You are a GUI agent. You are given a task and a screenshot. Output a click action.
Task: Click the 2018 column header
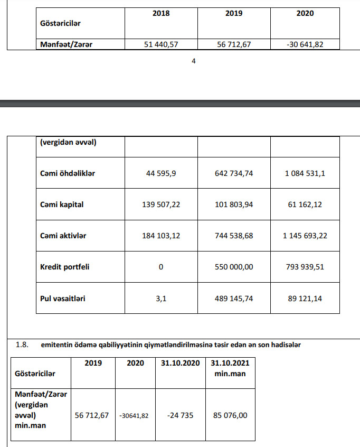161,13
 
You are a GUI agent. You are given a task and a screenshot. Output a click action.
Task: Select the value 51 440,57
161,44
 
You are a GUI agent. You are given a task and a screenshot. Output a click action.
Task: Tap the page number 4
194,61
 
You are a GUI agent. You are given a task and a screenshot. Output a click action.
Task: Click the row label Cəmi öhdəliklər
67,173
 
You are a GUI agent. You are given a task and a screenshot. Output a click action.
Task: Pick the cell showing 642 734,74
234,173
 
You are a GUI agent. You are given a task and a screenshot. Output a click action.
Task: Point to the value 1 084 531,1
305,173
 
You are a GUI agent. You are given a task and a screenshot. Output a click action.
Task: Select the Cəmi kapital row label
62,204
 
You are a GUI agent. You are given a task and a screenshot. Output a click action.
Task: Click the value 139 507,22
162,204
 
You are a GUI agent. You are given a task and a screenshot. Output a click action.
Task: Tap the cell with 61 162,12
305,204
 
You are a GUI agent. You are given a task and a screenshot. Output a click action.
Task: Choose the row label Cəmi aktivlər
63,236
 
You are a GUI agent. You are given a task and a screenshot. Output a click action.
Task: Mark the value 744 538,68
234,236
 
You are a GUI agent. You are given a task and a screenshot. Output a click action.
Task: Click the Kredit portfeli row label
64,267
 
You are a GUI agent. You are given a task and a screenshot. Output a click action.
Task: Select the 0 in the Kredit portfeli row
161,267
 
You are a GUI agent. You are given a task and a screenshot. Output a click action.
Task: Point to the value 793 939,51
305,267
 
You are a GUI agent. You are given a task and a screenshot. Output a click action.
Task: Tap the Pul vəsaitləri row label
62,299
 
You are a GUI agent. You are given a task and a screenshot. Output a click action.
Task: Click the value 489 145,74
234,299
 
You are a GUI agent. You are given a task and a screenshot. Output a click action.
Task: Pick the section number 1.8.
22,345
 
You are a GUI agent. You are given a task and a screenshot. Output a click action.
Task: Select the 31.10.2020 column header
180,363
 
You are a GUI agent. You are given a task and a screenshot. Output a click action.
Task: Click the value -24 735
180,415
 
